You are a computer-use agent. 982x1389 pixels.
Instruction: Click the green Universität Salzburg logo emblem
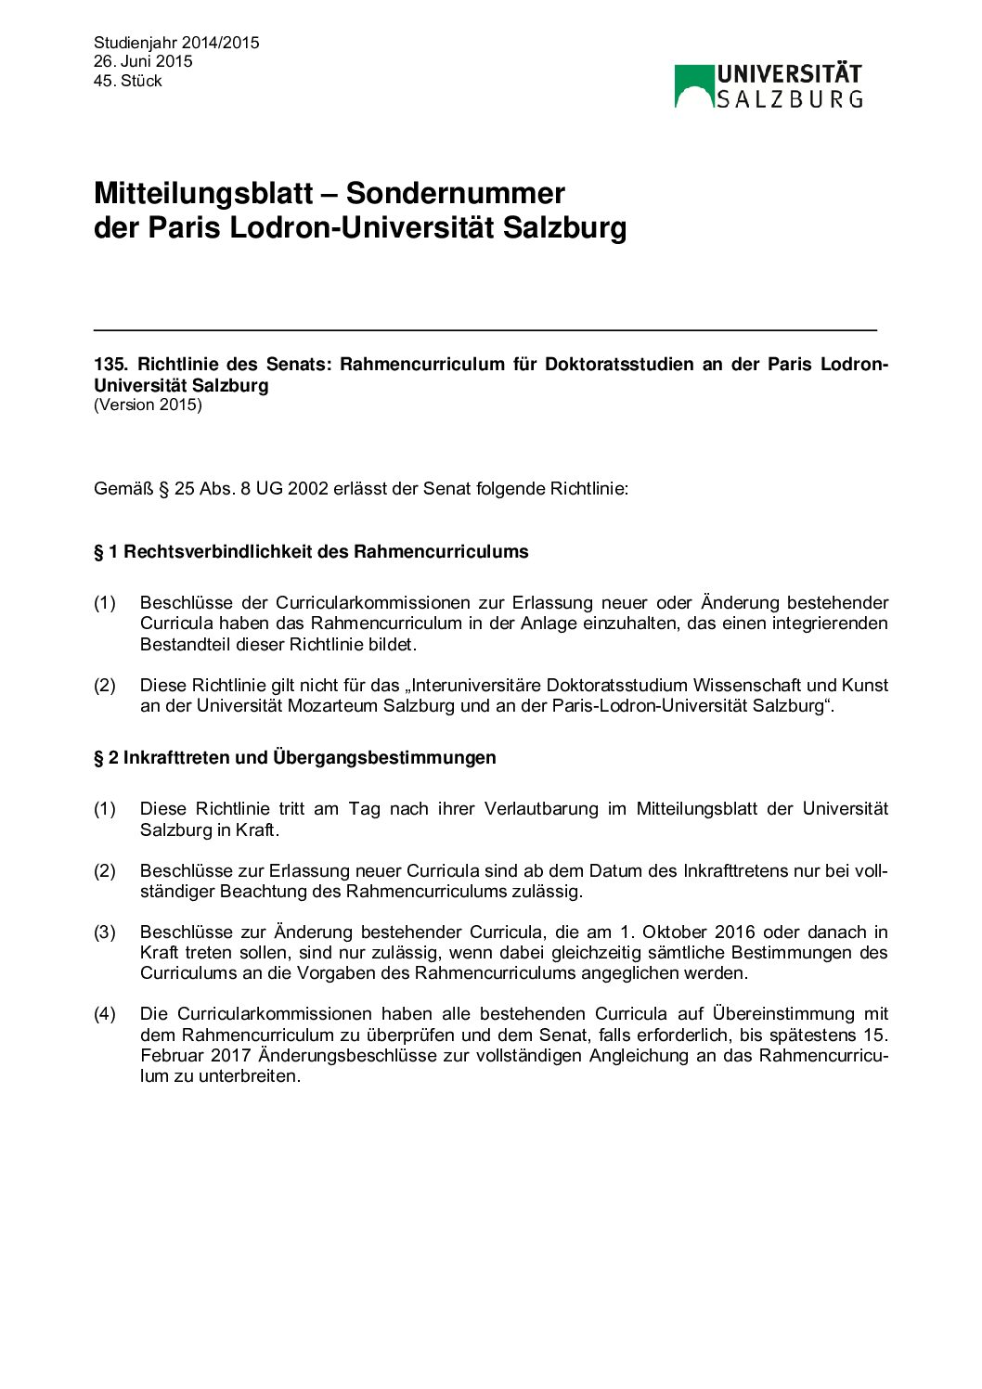693,85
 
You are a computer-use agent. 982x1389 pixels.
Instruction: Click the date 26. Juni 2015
143,61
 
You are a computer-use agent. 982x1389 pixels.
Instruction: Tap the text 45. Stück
128,81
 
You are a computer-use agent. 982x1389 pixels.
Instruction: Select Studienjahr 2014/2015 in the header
176,43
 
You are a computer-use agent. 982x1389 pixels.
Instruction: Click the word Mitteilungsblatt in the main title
203,193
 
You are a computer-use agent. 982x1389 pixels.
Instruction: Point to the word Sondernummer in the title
455,193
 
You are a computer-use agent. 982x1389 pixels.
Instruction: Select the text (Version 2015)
148,405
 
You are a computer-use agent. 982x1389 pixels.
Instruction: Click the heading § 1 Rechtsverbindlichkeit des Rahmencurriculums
311,551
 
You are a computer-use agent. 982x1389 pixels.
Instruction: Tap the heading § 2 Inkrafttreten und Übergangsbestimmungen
294,757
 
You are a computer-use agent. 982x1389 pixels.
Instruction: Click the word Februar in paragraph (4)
171,1055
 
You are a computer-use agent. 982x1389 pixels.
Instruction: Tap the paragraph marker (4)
105,1013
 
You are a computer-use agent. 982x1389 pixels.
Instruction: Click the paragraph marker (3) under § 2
105,932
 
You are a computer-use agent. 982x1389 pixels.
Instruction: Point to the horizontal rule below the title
485,329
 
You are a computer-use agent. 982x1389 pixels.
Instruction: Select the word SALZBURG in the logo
789,98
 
